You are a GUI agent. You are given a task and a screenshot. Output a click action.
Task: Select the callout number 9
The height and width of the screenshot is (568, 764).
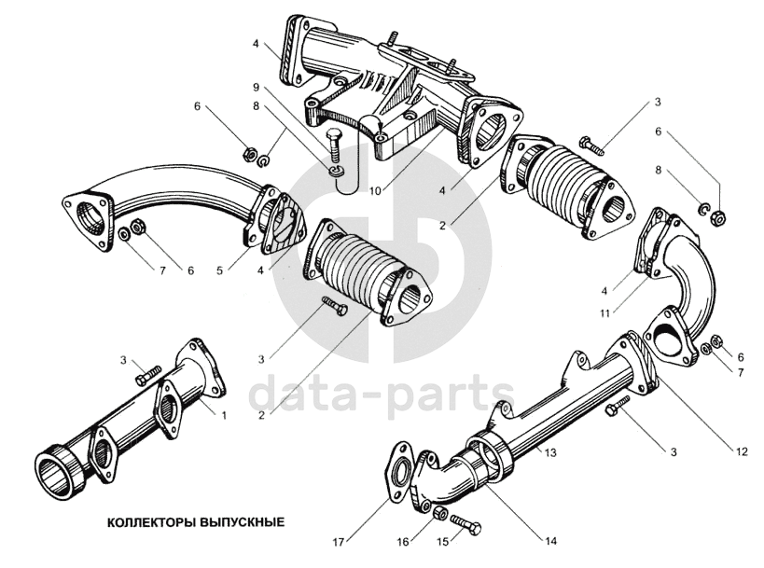pos(256,87)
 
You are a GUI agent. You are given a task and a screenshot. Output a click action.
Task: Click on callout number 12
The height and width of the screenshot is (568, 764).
pos(742,452)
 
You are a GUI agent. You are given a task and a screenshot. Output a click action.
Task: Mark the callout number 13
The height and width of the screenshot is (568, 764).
pos(551,452)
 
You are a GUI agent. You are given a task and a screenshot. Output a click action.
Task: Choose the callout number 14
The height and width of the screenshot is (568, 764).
pos(553,539)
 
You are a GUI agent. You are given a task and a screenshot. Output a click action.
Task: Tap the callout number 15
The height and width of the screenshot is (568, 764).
pos(443,540)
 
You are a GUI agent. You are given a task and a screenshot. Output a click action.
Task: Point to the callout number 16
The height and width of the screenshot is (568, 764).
pos(403,540)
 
